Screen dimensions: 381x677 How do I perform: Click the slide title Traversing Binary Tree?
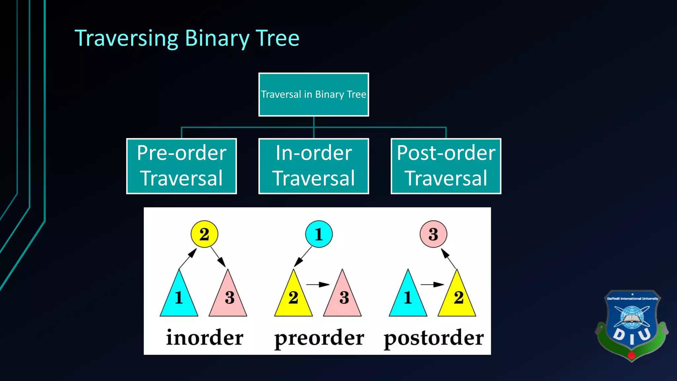[187, 38]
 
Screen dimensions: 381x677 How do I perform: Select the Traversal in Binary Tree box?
[313, 95]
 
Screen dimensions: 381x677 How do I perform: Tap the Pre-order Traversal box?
[181, 166]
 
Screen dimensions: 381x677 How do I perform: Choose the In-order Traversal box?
[313, 166]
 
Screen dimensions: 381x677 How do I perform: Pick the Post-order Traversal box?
[446, 166]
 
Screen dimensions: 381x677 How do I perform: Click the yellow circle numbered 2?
[204, 234]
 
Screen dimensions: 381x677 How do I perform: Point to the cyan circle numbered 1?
[319, 234]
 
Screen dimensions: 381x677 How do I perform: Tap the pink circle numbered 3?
[433, 234]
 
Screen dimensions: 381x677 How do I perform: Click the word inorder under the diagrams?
[205, 338]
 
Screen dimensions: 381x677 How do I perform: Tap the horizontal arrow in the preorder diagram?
[318, 284]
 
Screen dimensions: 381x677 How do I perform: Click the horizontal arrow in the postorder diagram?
[432, 284]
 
